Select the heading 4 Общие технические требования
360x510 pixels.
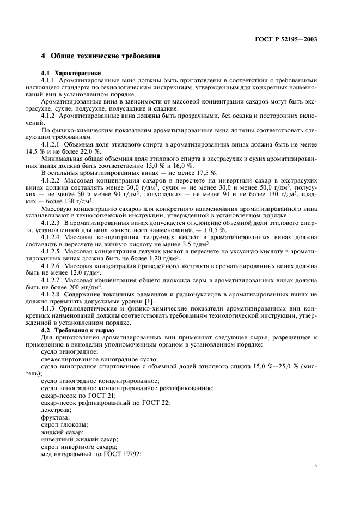101,57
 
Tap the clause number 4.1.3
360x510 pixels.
50,307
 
